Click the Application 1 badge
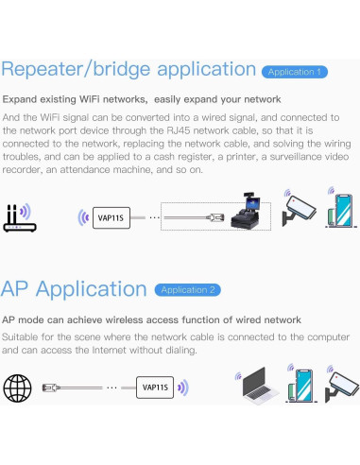click(x=295, y=72)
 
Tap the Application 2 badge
click(x=189, y=289)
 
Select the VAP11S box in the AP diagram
click(x=154, y=387)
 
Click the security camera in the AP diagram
click(x=342, y=386)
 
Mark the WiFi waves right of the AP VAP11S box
click(x=183, y=387)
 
